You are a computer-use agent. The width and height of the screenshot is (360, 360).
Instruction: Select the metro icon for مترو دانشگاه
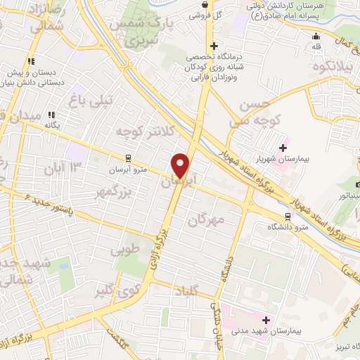287,217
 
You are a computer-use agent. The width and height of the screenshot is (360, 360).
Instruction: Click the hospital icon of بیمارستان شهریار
282,148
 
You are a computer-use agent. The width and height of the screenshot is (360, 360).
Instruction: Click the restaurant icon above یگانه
50,115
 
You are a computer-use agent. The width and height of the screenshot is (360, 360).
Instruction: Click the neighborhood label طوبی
124,249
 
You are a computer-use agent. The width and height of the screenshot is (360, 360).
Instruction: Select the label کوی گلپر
115,290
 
